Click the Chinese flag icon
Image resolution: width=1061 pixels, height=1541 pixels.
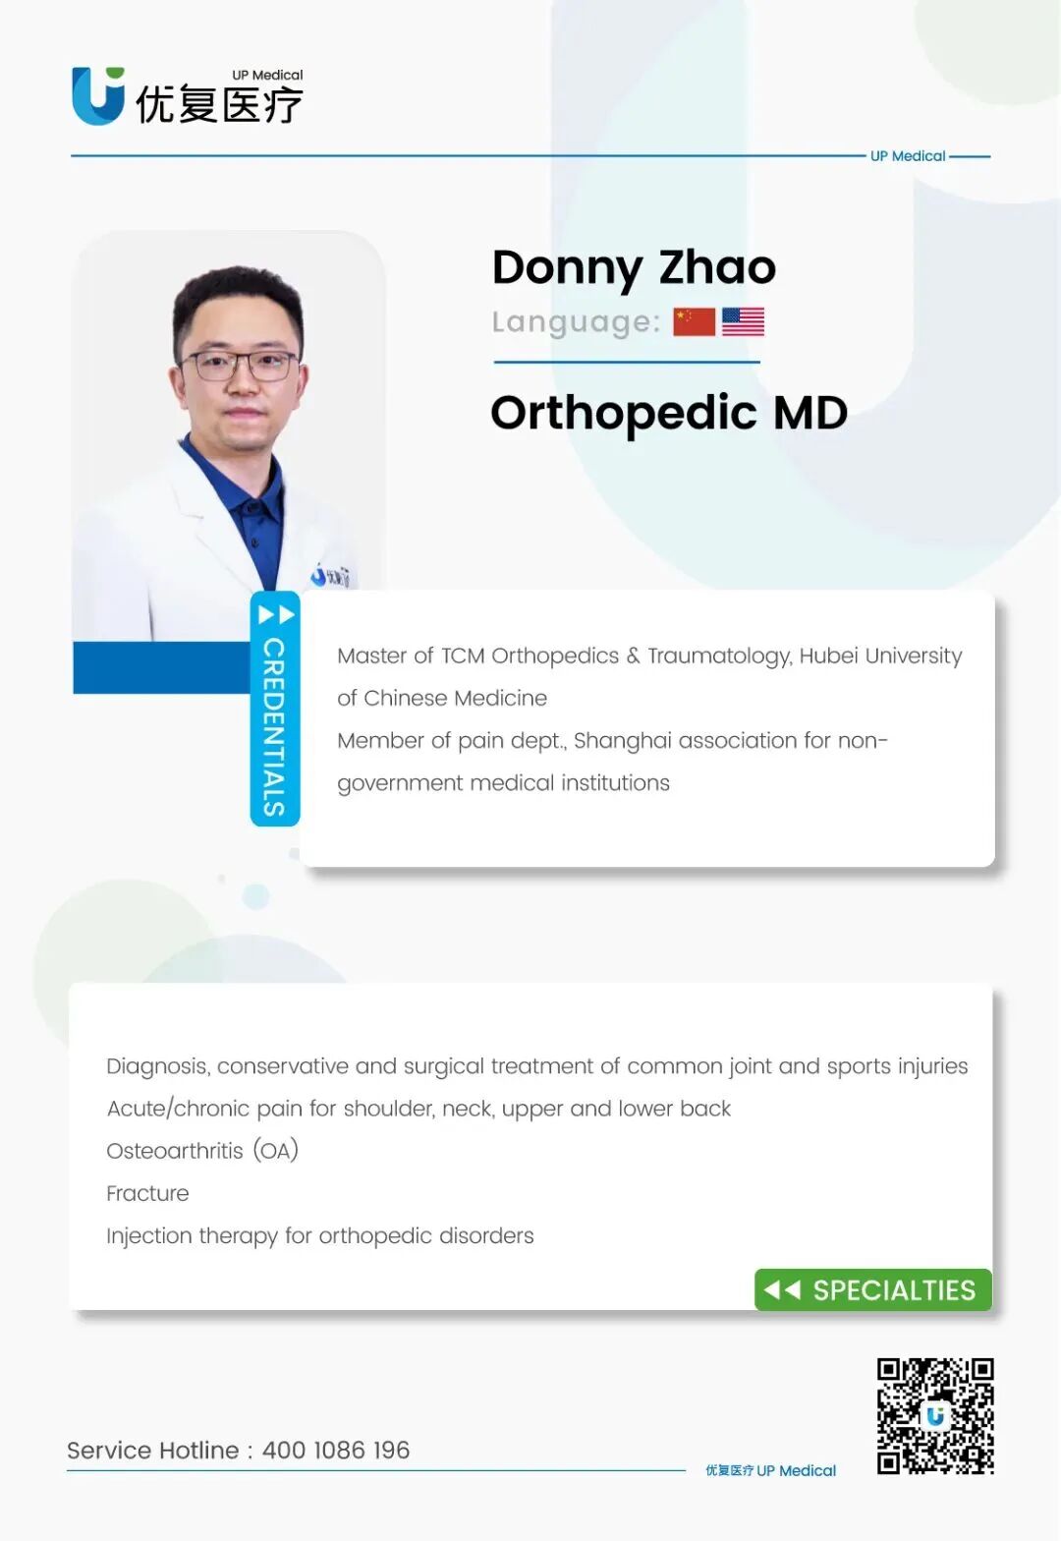(694, 322)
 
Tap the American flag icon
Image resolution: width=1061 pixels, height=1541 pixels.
(743, 322)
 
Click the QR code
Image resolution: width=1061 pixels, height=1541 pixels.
(935, 1416)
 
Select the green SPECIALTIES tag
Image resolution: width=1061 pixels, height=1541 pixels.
(873, 1289)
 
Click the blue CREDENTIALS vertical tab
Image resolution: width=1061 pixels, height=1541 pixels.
(274, 709)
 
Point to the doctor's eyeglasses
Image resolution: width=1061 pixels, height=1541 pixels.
(240, 365)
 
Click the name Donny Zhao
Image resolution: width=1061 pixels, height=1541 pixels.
(634, 268)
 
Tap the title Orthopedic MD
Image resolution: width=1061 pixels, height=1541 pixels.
(669, 414)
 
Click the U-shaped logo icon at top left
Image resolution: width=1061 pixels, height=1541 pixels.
(98, 95)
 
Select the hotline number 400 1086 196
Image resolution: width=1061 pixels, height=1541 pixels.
(336, 1451)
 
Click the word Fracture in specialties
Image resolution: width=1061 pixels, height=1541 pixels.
(147, 1193)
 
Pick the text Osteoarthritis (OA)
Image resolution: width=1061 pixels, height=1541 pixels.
(202, 1151)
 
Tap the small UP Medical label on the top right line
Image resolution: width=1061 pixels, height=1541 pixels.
(908, 156)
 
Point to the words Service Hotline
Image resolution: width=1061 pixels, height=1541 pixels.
(152, 1451)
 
